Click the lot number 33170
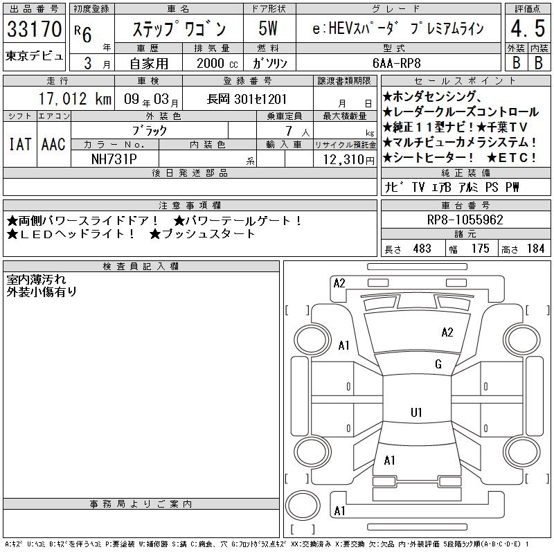34,29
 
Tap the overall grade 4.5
528,29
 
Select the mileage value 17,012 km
75,99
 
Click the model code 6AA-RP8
397,63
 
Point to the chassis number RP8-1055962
465,220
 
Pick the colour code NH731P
114,159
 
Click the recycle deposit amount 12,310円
349,160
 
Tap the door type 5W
268,29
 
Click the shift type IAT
20,144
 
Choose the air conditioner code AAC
53,144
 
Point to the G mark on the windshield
438,364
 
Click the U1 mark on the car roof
416,412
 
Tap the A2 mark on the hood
447,332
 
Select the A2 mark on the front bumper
339,283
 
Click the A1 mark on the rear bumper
339,511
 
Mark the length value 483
422,249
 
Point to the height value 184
535,249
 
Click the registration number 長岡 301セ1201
247,99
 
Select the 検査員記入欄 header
141,267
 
